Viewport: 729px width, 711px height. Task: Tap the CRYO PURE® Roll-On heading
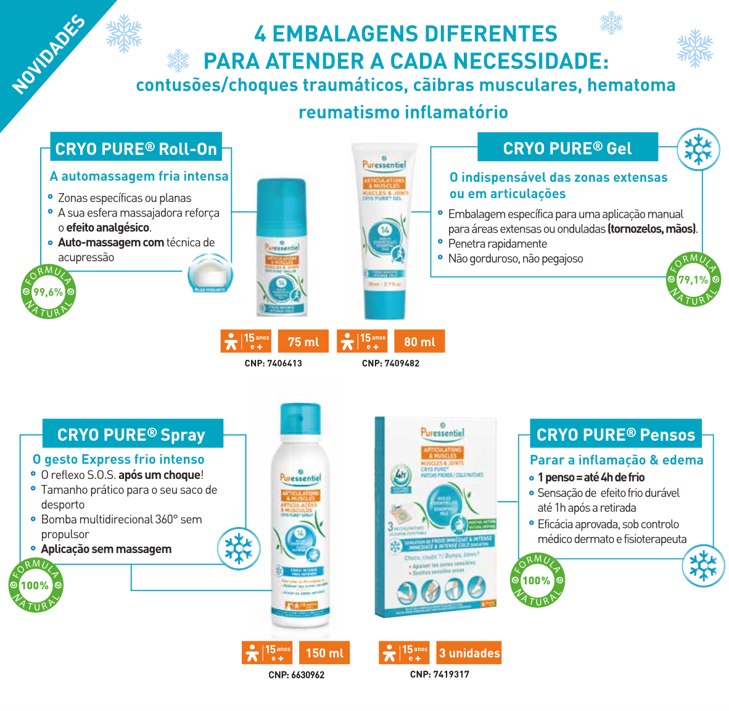[136, 149]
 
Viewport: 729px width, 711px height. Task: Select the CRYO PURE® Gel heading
[567, 148]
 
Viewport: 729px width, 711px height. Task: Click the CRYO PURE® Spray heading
[131, 434]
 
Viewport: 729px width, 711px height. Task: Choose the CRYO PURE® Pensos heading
[616, 434]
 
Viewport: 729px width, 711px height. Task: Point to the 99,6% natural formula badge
[48, 292]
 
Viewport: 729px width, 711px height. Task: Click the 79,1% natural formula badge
[693, 280]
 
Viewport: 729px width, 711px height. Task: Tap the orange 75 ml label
[303, 342]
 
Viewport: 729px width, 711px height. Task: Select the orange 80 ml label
[419, 342]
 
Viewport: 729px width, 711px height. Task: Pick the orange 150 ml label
[324, 653]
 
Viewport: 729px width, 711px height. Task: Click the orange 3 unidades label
[469, 653]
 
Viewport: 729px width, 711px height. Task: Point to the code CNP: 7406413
[273, 364]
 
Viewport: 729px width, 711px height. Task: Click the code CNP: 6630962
[296, 675]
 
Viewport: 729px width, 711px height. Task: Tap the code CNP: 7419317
[439, 675]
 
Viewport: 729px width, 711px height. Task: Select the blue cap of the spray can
[300, 420]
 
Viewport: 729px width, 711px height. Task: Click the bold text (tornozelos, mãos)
[653, 229]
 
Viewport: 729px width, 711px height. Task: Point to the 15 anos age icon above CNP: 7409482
[362, 341]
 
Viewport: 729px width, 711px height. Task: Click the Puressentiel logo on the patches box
[442, 432]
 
